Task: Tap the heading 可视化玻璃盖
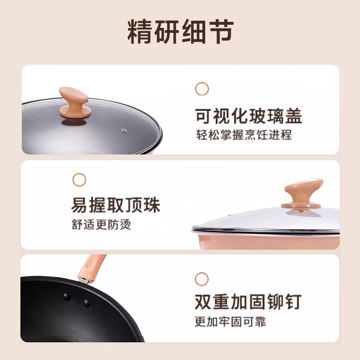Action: point(248,116)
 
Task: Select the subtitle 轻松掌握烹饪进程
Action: point(243,135)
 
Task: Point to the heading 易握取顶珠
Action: point(116,206)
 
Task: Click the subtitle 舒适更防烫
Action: point(101,224)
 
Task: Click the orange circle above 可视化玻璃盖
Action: point(202,89)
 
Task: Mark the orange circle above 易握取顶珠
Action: point(79,180)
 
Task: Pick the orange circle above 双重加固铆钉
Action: point(202,278)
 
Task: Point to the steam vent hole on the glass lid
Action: point(123,130)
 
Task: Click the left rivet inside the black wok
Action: point(67,297)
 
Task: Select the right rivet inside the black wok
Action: point(86,303)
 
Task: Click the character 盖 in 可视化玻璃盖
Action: point(292,116)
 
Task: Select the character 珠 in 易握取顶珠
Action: point(152,206)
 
